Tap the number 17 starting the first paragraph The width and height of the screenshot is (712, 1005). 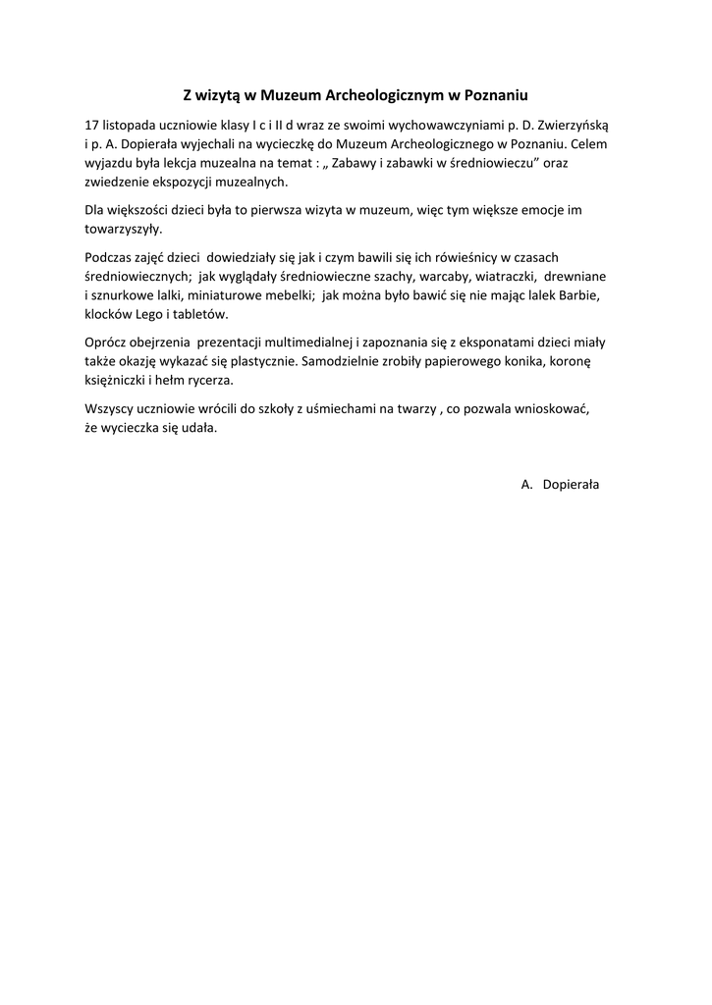point(92,126)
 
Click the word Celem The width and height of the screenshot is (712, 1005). point(591,144)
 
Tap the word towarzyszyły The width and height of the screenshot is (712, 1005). point(123,229)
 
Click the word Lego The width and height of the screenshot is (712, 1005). point(157,313)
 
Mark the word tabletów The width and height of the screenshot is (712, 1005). point(203,313)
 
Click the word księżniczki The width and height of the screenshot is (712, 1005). point(118,379)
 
